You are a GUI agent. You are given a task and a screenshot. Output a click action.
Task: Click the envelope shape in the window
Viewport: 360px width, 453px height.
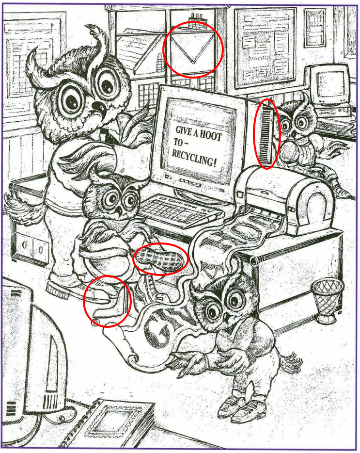(193, 49)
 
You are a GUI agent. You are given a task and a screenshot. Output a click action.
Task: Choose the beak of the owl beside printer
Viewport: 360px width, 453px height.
(295, 134)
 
